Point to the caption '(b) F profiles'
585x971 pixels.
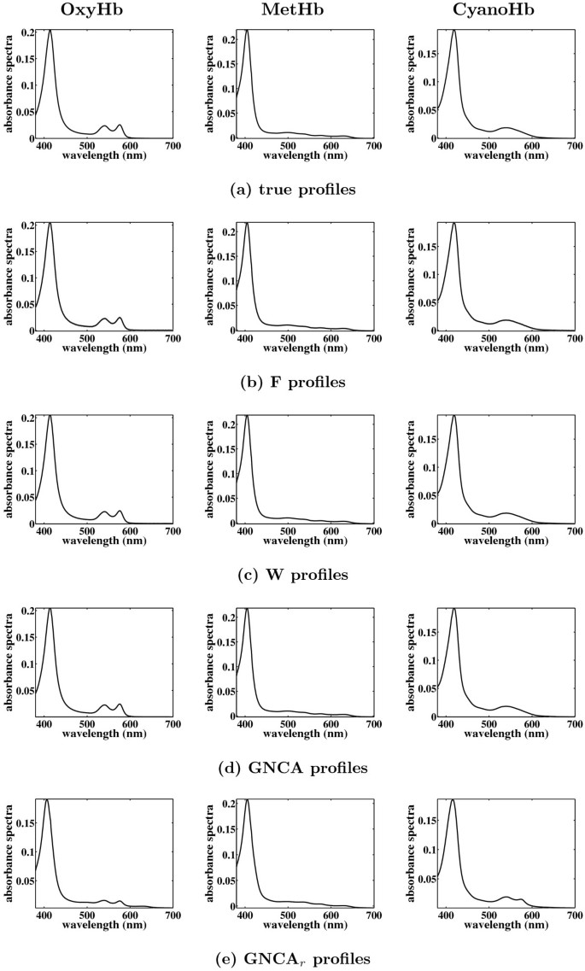tap(292, 382)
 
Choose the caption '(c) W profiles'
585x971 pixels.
tap(292, 575)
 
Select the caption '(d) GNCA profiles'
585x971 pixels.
tap(292, 768)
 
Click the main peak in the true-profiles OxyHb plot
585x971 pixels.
tap(50, 31)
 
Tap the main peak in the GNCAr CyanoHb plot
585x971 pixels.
tap(453, 800)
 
